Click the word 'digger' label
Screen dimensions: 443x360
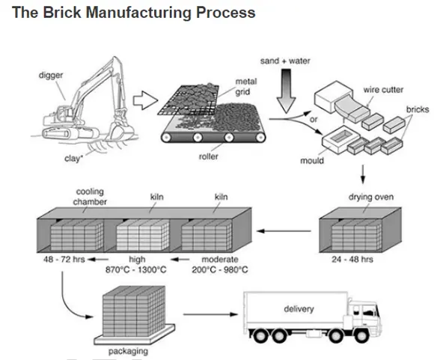click(x=51, y=76)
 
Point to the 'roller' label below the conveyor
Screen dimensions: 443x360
click(x=209, y=156)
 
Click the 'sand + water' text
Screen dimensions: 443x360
click(x=285, y=61)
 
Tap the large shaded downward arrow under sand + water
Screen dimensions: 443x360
click(x=286, y=91)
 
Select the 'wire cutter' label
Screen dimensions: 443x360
click(x=383, y=90)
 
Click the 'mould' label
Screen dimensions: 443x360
click(x=312, y=160)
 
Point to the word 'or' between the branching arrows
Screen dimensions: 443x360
click(x=314, y=120)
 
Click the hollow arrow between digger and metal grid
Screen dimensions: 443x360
click(x=145, y=100)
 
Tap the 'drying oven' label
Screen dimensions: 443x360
click(x=371, y=197)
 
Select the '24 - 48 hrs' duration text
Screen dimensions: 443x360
click(x=352, y=259)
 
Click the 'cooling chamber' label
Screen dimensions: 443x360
click(x=90, y=197)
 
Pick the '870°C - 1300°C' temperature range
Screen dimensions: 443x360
click(x=136, y=269)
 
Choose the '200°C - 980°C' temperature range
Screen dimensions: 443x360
click(x=220, y=269)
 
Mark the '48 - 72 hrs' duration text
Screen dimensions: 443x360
click(x=64, y=259)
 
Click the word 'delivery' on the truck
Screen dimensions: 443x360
click(x=299, y=309)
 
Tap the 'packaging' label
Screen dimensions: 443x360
click(x=128, y=351)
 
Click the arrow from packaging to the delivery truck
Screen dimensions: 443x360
click(x=211, y=314)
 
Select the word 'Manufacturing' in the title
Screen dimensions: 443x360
click(x=138, y=13)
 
